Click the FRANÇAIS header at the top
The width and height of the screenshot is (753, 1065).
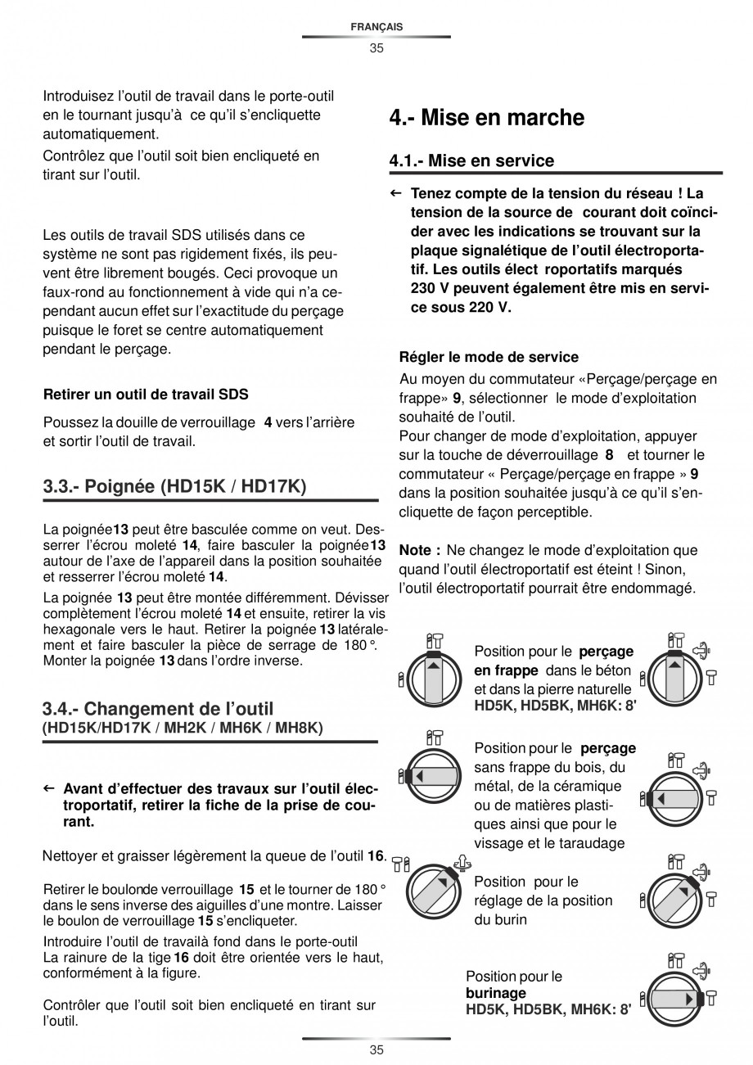click(x=376, y=27)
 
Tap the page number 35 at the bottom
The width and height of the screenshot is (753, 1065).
click(x=376, y=1050)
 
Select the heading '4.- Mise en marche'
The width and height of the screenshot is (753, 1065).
click(x=486, y=118)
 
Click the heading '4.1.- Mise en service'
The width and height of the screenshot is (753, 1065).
click(x=471, y=160)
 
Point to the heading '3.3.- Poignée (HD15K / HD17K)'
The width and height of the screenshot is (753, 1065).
click(x=174, y=487)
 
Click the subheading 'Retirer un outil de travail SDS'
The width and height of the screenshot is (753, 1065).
click(x=146, y=394)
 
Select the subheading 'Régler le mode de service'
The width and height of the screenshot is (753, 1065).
click(x=489, y=357)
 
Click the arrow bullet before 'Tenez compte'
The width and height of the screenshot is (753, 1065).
click(x=395, y=194)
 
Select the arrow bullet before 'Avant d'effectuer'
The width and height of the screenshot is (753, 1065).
click(x=48, y=788)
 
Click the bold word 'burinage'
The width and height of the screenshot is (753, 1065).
click(x=496, y=993)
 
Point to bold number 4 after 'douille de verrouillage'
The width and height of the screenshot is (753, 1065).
click(x=268, y=423)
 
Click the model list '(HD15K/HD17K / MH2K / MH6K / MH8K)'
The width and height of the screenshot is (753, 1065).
click(x=183, y=727)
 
